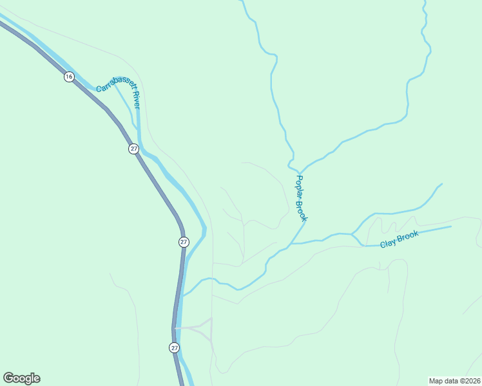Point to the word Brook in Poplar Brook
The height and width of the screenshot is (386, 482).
(302, 210)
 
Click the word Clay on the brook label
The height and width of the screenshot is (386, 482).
(387, 243)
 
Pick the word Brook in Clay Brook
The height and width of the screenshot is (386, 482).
(408, 235)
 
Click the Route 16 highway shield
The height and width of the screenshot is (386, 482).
(69, 77)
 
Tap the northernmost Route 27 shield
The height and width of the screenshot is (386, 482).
(133, 149)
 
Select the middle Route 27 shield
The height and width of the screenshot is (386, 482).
(184, 242)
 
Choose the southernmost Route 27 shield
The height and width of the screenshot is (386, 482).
(175, 347)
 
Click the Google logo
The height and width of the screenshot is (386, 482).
(22, 378)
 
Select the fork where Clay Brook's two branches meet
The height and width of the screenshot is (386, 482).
(352, 234)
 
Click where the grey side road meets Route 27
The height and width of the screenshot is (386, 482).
(175, 328)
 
